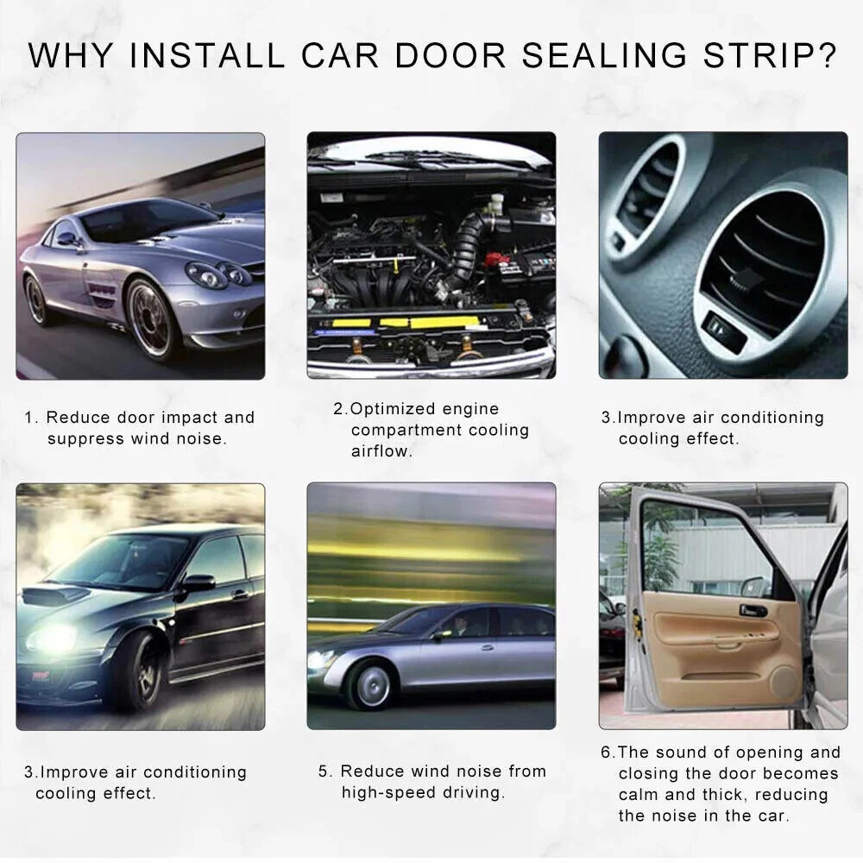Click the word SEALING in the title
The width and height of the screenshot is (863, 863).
(x=604, y=55)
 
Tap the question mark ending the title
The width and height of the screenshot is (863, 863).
(x=825, y=55)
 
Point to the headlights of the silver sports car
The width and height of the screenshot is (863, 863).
(x=218, y=274)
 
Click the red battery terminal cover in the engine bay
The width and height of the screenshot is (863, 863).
(x=497, y=259)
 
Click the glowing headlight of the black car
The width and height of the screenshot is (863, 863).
(x=51, y=639)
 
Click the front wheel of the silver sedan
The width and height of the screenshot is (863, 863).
(x=373, y=686)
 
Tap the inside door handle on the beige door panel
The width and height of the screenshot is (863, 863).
(x=753, y=610)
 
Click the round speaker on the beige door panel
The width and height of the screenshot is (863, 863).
(x=784, y=682)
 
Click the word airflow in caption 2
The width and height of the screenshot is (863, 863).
(x=381, y=451)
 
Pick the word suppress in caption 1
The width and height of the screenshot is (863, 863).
(x=85, y=439)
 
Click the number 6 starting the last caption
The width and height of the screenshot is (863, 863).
(x=606, y=752)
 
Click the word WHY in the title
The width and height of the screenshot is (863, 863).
(x=71, y=55)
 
